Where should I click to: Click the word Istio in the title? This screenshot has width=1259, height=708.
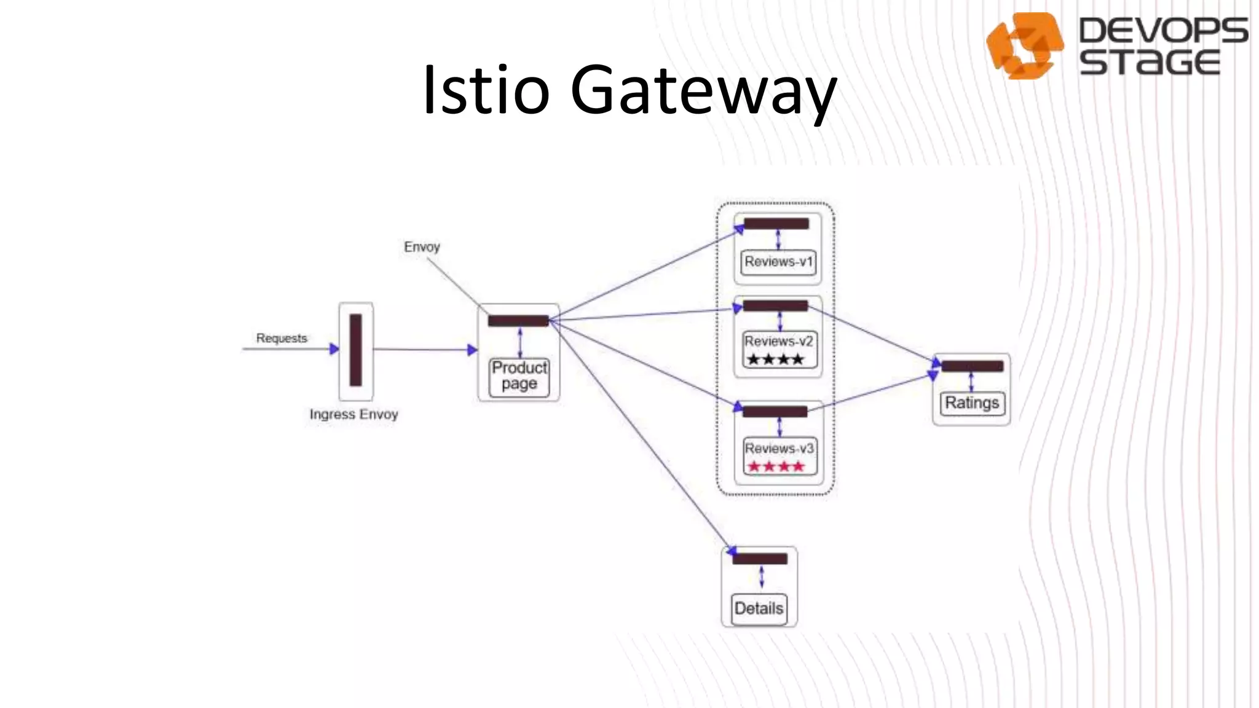click(x=486, y=90)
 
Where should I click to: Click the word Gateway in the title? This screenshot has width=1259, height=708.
click(x=703, y=92)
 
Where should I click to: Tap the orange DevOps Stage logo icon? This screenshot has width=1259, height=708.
click(x=1024, y=45)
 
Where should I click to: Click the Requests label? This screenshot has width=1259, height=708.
click(x=281, y=338)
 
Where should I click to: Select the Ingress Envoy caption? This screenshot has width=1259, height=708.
click(x=353, y=414)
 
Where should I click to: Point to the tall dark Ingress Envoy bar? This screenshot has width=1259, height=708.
click(x=355, y=350)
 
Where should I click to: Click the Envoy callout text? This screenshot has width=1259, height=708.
click(x=422, y=247)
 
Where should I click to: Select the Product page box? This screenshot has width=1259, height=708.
click(x=519, y=376)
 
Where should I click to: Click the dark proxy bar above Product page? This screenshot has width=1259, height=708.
click(x=518, y=321)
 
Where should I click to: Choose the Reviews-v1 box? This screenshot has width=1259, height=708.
click(x=778, y=262)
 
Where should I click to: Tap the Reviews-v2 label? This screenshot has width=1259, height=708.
click(x=778, y=341)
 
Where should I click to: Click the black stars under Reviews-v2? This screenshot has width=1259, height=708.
click(x=775, y=360)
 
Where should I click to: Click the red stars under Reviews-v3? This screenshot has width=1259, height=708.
click(x=775, y=466)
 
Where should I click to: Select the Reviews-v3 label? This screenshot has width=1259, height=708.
click(x=778, y=448)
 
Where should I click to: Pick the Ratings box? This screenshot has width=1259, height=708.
click(x=971, y=403)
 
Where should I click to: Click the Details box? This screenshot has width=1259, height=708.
click(x=759, y=608)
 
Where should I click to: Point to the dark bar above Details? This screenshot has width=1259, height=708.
click(x=760, y=559)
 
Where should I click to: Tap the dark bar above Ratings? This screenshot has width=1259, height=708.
click(x=972, y=366)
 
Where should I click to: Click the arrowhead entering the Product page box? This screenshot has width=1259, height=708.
click(x=472, y=350)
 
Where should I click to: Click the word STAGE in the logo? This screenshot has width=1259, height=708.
click(x=1149, y=63)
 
